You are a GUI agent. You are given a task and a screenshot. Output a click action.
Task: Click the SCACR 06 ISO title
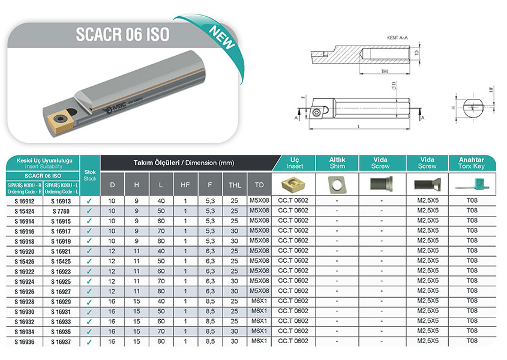123,34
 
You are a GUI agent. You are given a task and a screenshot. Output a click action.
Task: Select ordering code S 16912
24,201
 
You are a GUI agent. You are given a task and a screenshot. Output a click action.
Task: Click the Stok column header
89,175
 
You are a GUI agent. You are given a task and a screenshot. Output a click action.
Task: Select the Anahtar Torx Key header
472,163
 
